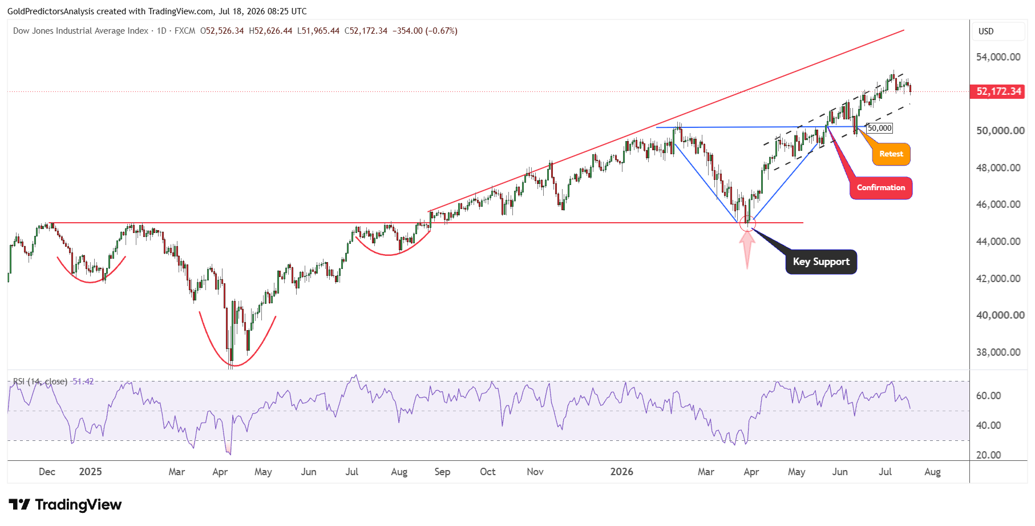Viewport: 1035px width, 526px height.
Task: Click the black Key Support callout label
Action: (821, 262)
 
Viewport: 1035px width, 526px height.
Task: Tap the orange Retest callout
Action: (891, 154)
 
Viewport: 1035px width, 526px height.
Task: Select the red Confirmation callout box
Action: (881, 188)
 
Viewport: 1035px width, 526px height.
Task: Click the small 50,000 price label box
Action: (879, 128)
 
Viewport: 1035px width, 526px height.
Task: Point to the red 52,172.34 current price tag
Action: (998, 91)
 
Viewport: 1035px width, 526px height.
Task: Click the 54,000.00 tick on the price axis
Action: (998, 57)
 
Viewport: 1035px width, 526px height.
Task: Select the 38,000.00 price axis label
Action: (998, 352)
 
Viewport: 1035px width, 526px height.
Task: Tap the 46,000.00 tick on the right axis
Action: (998, 204)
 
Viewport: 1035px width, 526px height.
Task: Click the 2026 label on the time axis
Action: (621, 472)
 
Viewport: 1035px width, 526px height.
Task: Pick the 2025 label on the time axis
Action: (90, 472)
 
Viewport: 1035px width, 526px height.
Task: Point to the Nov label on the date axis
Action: (535, 472)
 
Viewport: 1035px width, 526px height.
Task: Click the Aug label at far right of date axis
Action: (932, 472)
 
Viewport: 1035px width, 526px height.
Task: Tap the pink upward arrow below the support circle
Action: (747, 250)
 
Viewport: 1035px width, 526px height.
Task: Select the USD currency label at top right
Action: (986, 31)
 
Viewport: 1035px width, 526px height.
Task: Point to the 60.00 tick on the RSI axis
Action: (988, 396)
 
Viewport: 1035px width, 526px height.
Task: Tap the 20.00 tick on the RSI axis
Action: (988, 455)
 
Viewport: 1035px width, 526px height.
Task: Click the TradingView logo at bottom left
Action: (65, 505)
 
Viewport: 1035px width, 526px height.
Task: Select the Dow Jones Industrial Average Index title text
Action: (80, 31)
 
